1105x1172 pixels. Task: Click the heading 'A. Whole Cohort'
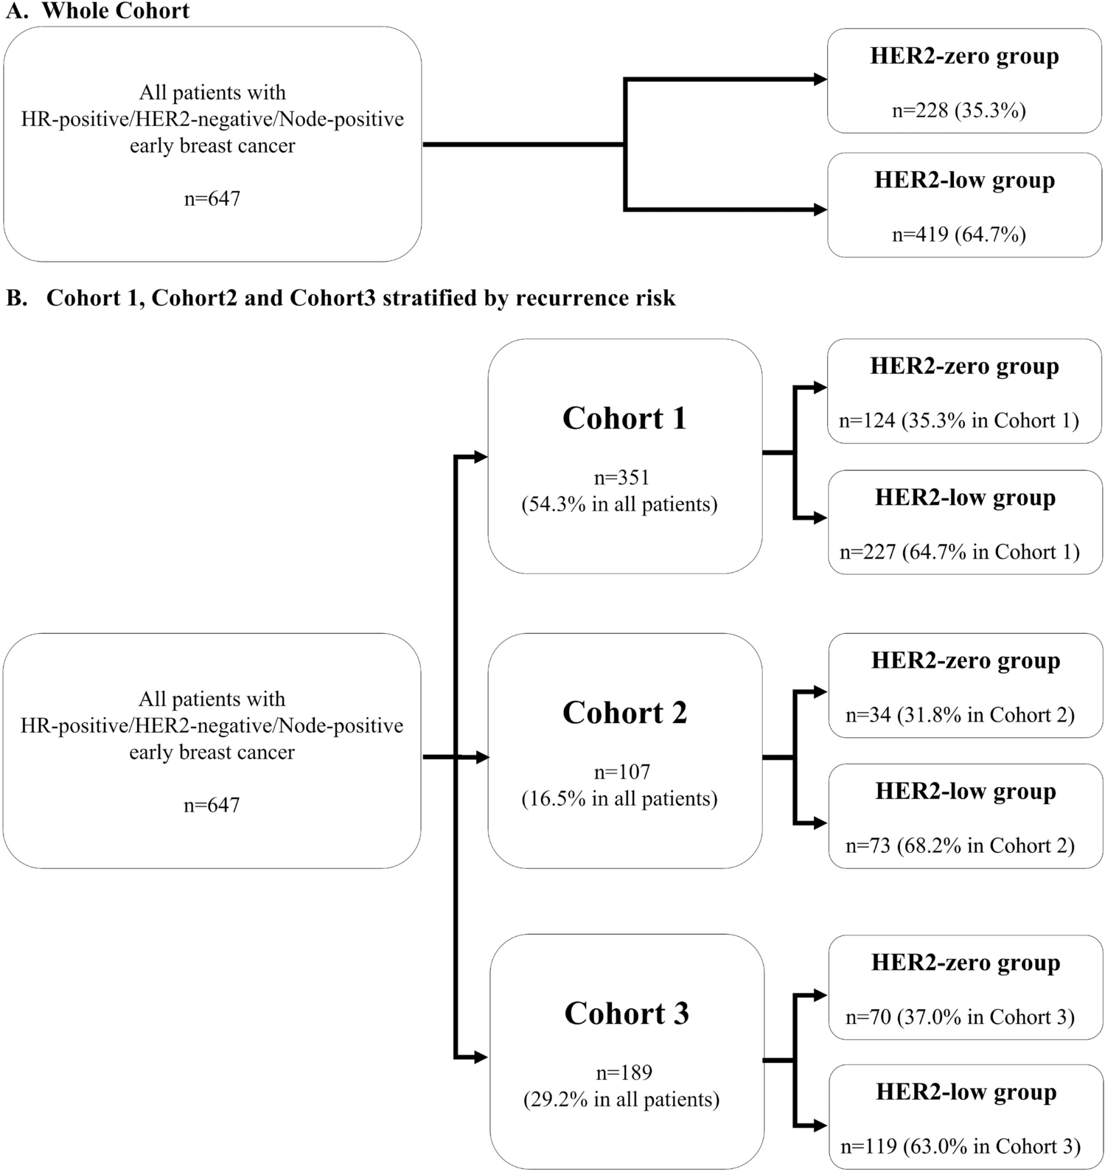pos(97,11)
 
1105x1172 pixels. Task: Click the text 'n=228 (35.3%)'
pos(958,111)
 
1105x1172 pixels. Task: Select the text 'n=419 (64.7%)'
pos(958,234)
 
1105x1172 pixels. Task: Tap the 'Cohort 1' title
pos(624,419)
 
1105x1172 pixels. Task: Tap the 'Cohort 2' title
pos(624,713)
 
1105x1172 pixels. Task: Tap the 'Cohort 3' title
pos(627,1014)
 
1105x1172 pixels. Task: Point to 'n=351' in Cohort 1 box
pos(621,478)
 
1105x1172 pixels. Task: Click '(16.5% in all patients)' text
pos(619,799)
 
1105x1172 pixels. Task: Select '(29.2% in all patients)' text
pos(621,1100)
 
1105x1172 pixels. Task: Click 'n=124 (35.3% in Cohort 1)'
pos(958,421)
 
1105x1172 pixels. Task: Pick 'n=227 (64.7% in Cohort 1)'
pos(959,552)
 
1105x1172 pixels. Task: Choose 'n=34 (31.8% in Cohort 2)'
pos(960,715)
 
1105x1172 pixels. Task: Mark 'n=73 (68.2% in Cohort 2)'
pos(960,845)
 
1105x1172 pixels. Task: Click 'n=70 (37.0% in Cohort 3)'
pos(960,1017)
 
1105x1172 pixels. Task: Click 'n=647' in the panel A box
pos(212,199)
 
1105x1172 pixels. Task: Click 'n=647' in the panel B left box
pos(212,805)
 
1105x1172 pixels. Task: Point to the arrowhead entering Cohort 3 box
pos(482,1058)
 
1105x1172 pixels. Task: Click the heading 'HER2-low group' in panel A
pos(964,181)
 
